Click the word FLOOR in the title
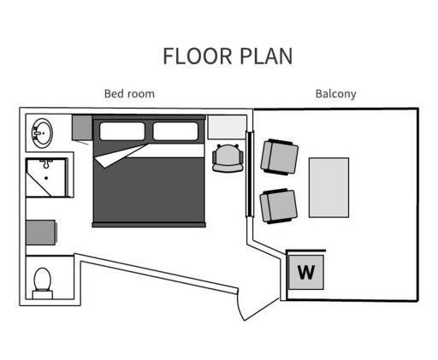click(198, 56)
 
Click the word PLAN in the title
click(266, 56)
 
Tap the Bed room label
click(129, 94)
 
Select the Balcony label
click(336, 94)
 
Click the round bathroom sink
click(42, 133)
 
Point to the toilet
click(43, 283)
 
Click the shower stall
click(47, 177)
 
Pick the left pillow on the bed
click(122, 131)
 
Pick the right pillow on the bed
click(175, 131)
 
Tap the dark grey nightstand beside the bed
click(82, 127)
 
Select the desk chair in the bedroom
click(228, 158)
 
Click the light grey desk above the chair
click(227, 127)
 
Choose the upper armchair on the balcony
click(280, 156)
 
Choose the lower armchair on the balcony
click(278, 206)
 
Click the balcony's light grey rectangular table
click(329, 187)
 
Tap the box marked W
click(306, 272)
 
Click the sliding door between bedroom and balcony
click(250, 174)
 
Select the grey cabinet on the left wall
click(41, 233)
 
